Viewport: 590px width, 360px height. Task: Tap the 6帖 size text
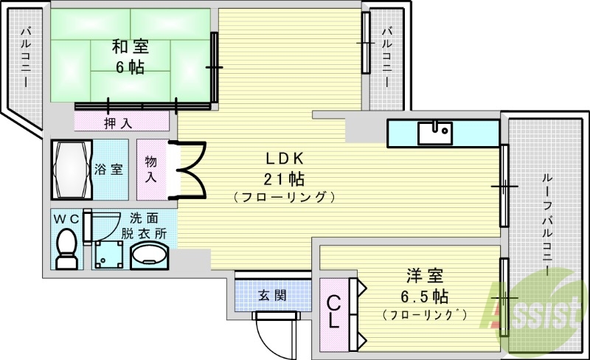[x=130, y=68]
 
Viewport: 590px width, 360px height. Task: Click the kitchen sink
[x=435, y=133]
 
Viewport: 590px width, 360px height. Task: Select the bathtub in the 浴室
[x=71, y=169]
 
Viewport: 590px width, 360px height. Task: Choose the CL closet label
[x=333, y=311]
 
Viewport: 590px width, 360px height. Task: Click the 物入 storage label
[x=151, y=169]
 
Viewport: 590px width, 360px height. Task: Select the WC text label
[x=66, y=218]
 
